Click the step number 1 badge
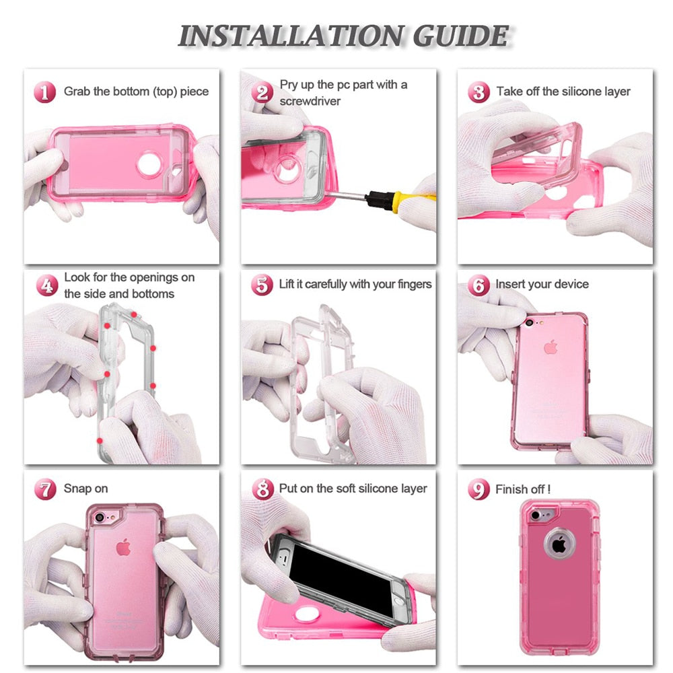click(x=46, y=92)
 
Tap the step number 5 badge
click(x=262, y=285)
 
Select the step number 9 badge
click(x=479, y=489)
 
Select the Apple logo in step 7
click(x=122, y=548)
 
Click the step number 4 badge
click(x=46, y=285)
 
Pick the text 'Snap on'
click(x=85, y=489)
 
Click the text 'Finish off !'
click(x=523, y=489)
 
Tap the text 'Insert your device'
click(x=542, y=284)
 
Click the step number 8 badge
click(x=262, y=489)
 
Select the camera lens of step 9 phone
click(x=536, y=516)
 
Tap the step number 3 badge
click(x=479, y=92)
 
